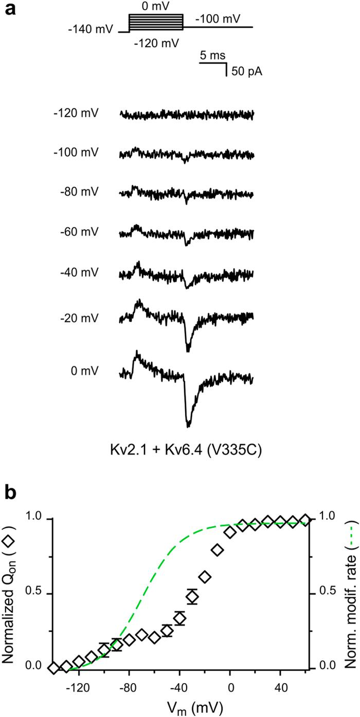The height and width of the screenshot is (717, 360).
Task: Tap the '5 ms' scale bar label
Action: point(212,55)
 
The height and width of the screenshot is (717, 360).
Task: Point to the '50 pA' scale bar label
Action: point(246,71)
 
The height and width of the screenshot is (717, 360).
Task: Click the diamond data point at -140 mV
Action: point(53,667)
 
